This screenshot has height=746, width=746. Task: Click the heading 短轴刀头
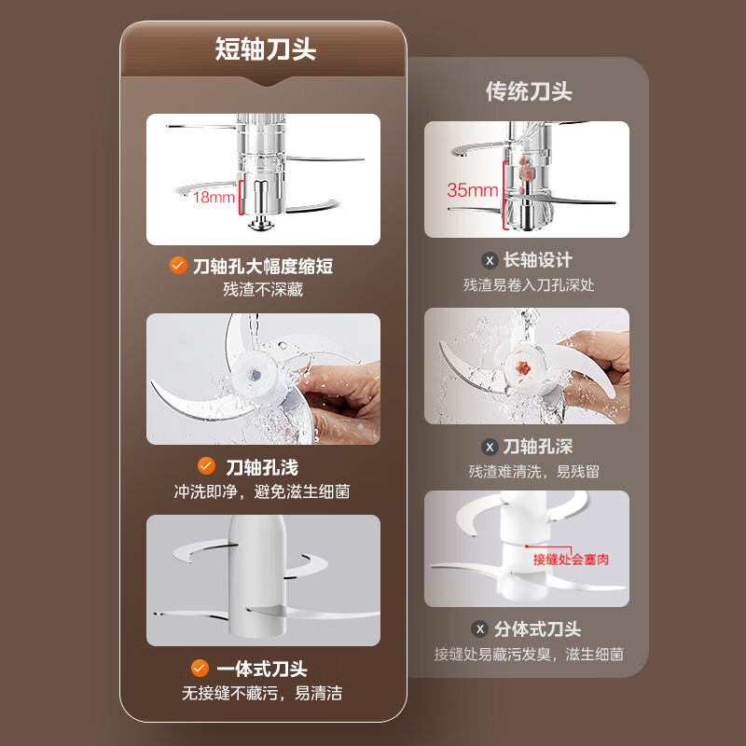[x=266, y=48]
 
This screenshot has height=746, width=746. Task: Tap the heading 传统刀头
[x=529, y=91]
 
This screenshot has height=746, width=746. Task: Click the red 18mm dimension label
[x=214, y=197]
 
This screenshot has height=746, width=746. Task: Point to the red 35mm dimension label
[x=472, y=190]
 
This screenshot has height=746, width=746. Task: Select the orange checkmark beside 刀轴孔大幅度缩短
[x=178, y=265]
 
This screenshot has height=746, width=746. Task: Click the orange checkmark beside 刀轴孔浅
[x=206, y=465]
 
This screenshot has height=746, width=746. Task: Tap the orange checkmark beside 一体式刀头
[x=200, y=668]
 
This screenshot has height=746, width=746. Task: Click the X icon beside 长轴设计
[x=490, y=260]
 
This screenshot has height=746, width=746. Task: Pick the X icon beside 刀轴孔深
[x=490, y=447]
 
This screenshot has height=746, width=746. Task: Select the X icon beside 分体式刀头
[x=480, y=629]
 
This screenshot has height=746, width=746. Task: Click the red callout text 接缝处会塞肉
[x=571, y=559]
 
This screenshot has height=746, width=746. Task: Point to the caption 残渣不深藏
[x=263, y=289]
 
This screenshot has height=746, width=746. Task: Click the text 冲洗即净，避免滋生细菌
[x=262, y=491]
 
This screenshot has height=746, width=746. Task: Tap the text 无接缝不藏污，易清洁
[x=262, y=693]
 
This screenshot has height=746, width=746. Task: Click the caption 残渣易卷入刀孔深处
[x=529, y=285]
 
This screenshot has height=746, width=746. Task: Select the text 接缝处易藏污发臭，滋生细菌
[x=529, y=655]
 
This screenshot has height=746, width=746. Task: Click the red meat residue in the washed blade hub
[x=523, y=367]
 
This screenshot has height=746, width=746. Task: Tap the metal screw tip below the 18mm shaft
[x=260, y=223]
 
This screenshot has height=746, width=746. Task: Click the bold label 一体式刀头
[x=262, y=669]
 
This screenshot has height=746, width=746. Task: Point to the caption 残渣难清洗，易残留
[x=533, y=472]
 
